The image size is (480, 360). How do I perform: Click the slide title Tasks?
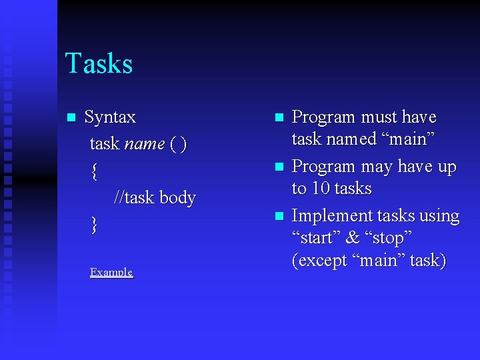[99, 64]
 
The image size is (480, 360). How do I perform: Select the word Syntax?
[110, 117]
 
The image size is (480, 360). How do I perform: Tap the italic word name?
[145, 144]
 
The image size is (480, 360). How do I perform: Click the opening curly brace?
[95, 171]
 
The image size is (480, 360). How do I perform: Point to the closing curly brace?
[95, 225]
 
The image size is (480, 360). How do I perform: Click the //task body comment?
[155, 198]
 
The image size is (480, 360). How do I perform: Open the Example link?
[111, 273]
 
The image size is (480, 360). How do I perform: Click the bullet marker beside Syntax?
[70, 118]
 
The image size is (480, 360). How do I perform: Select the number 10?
[322, 189]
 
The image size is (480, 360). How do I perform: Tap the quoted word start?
[315, 238]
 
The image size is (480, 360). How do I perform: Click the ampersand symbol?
[353, 238]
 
